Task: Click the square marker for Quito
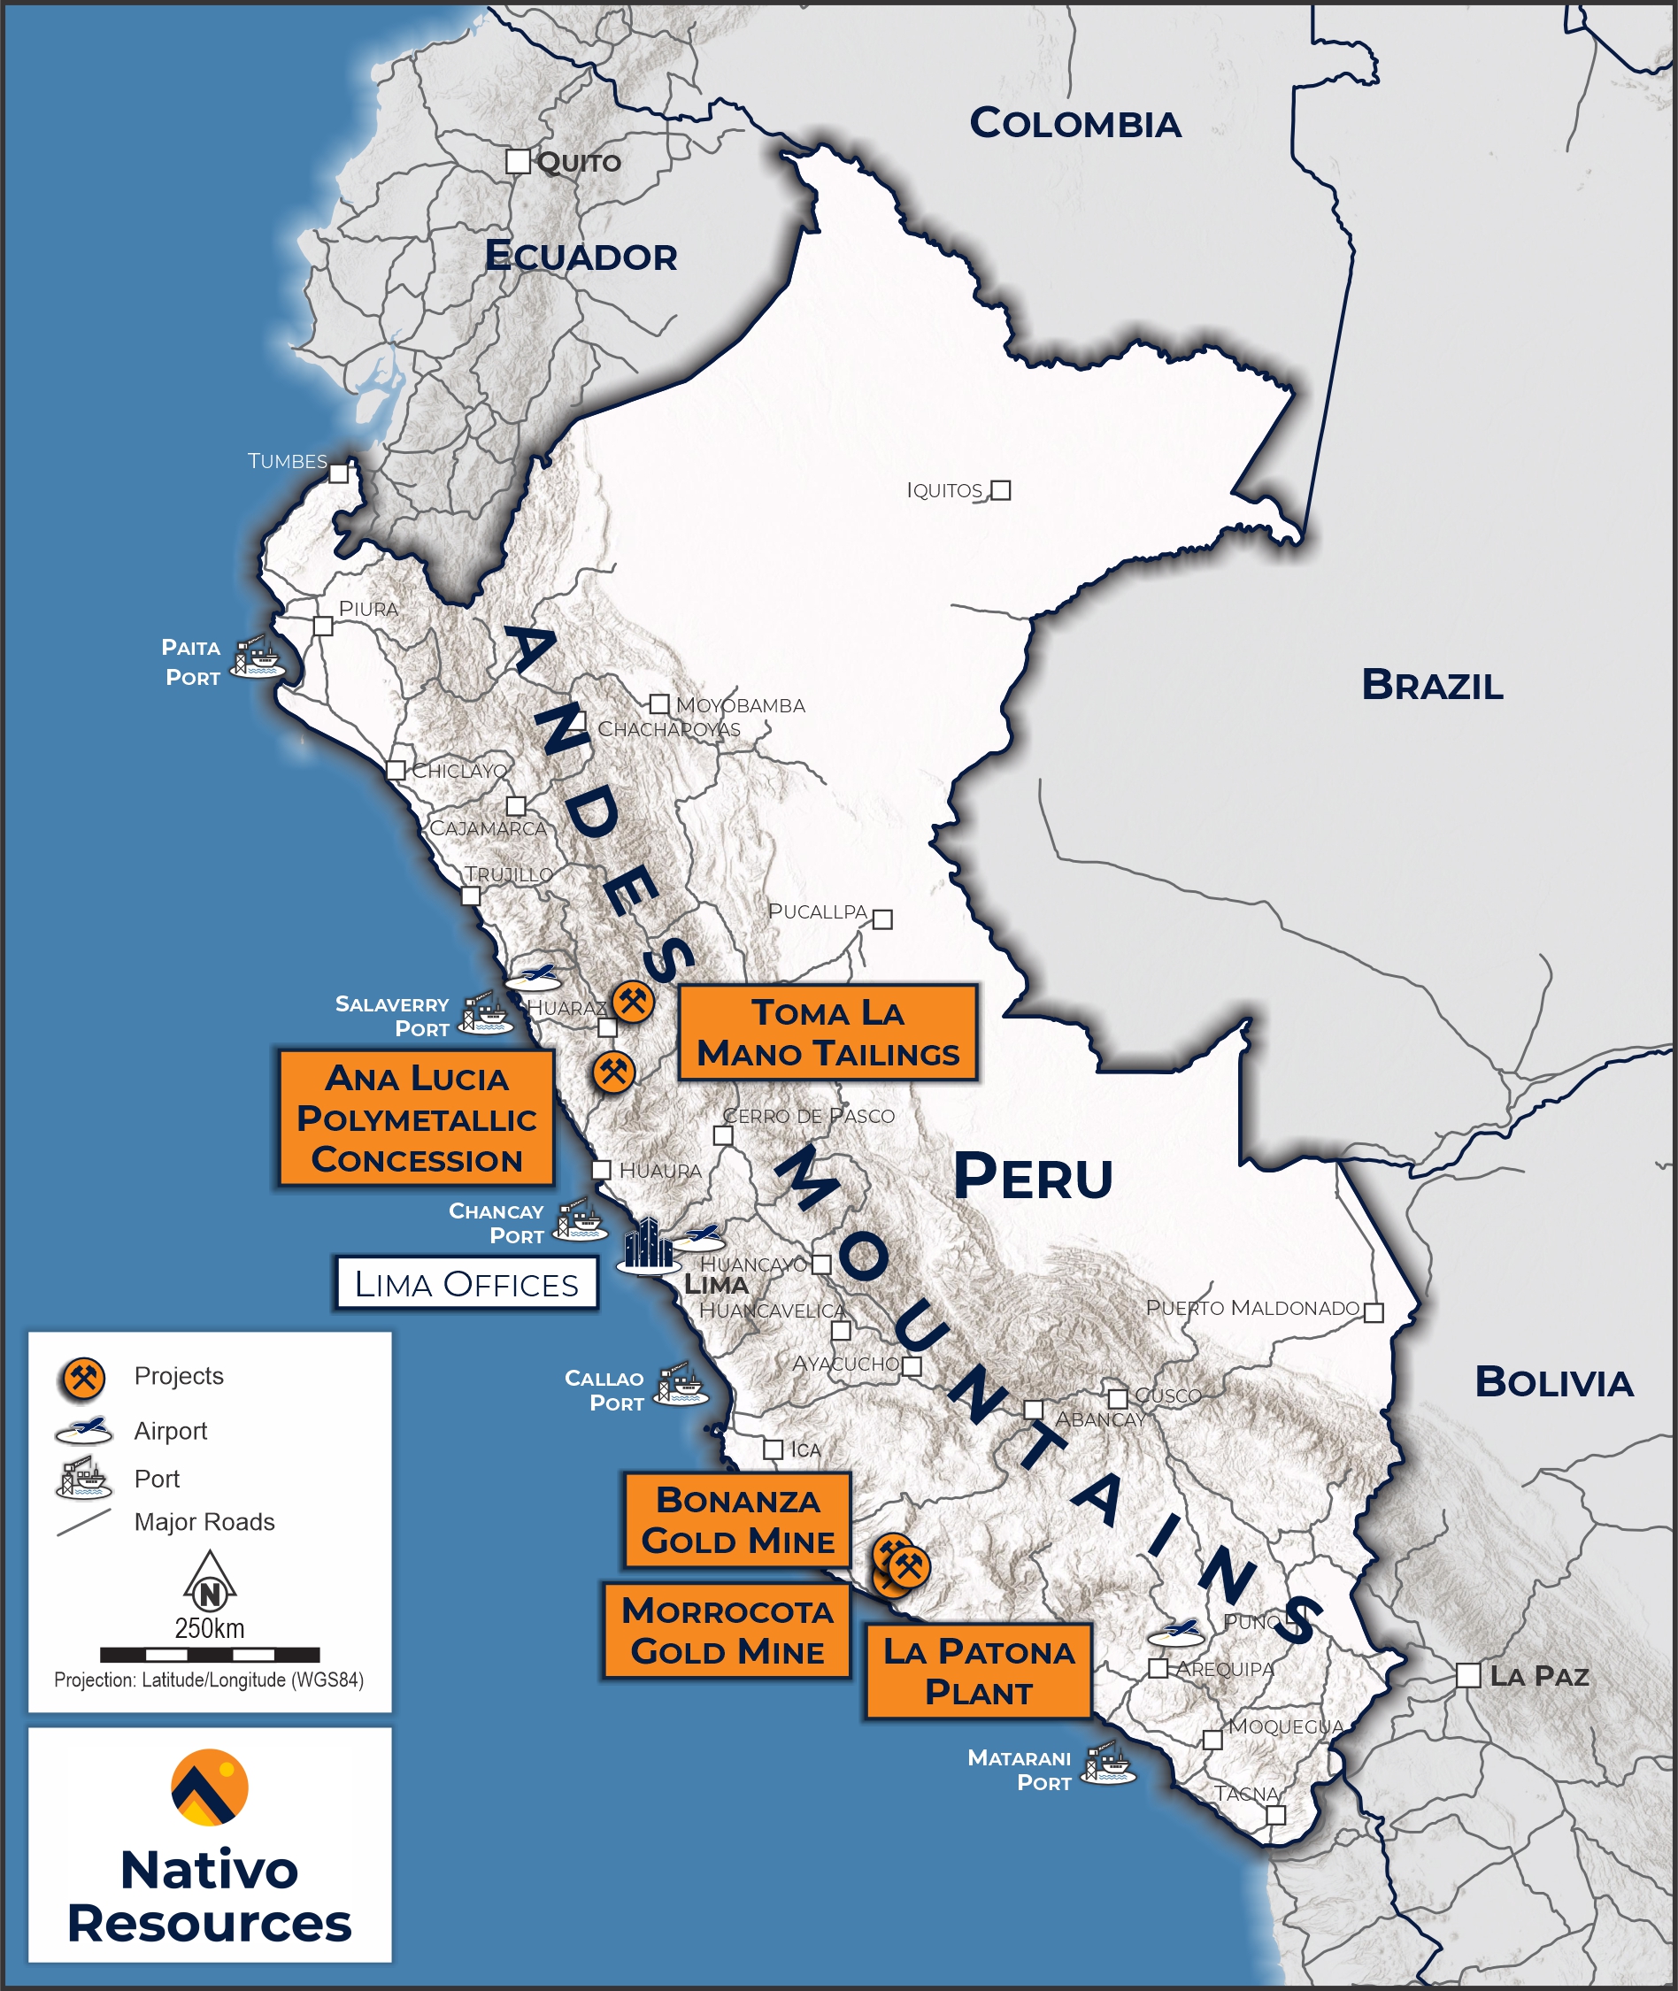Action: (518, 161)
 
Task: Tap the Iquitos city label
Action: (943, 491)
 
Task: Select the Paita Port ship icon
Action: (258, 657)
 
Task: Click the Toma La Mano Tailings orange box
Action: (827, 1033)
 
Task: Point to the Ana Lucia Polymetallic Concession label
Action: (417, 1118)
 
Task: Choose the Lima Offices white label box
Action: (466, 1284)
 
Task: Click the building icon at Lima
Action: (648, 1244)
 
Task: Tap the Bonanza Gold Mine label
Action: (737, 1520)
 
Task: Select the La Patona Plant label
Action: (978, 1672)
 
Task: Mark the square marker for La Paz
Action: (1467, 1675)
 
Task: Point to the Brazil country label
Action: (1432, 686)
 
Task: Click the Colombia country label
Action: (1075, 124)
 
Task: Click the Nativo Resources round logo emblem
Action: (209, 1787)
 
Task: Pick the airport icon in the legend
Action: (85, 1430)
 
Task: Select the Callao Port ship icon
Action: (682, 1385)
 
